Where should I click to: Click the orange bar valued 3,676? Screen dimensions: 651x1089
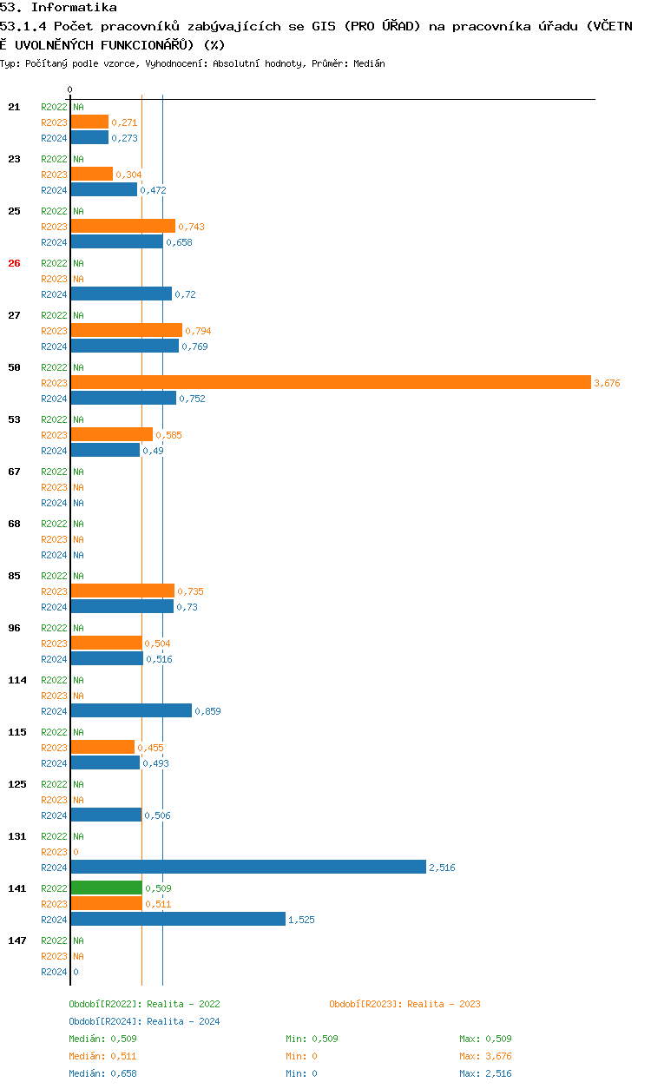(331, 382)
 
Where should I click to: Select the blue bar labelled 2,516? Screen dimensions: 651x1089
(248, 867)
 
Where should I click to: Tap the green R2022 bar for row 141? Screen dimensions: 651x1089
(107, 888)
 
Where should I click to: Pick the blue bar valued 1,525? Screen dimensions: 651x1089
(178, 919)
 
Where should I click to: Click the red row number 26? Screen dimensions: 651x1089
(14, 263)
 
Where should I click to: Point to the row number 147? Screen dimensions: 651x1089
(17, 940)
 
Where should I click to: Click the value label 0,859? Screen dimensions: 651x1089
(207, 710)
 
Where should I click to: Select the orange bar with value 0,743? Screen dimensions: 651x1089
(123, 226)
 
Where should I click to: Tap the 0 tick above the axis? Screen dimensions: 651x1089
(70, 89)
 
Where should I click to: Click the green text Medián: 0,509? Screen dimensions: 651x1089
(102, 1039)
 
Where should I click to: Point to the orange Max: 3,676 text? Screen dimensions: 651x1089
(485, 1056)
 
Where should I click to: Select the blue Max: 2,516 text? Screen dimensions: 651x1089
(485, 1073)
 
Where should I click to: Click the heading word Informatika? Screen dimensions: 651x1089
(74, 7)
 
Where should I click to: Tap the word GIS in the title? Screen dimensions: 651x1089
(324, 26)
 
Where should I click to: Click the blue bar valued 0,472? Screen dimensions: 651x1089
(104, 189)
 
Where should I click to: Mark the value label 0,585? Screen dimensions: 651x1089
(168, 434)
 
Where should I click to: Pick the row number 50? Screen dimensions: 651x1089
(14, 367)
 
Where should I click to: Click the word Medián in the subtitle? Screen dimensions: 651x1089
(369, 63)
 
